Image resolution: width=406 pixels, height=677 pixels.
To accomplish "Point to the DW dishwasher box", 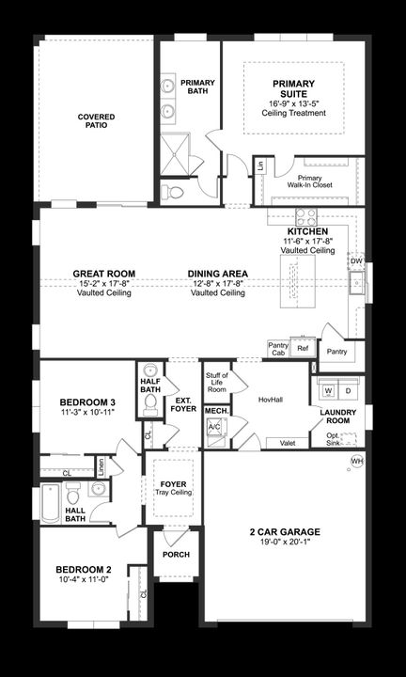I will tap(356, 260).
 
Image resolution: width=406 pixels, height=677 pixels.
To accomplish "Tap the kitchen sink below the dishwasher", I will tap(357, 282).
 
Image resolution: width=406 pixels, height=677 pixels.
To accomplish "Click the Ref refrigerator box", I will tap(302, 348).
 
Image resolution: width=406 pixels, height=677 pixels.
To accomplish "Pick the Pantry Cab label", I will tap(278, 349).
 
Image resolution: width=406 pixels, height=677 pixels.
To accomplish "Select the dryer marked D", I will tap(347, 389).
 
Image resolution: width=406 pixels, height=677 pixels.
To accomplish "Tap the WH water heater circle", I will tap(357, 461).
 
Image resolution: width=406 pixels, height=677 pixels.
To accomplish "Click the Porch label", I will tap(176, 555).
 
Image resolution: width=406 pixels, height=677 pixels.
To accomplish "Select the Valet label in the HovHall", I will tap(289, 443).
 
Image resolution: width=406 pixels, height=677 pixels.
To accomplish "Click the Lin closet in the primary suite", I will tap(260, 166).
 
